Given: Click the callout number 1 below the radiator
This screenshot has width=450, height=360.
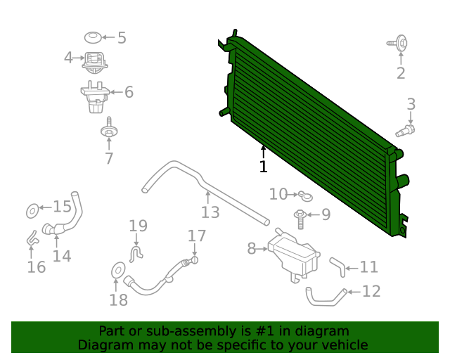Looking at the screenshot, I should coord(263,167).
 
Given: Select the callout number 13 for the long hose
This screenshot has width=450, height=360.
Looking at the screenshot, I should coord(210,212).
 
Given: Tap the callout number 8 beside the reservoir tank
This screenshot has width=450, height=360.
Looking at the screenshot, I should coord(252,248).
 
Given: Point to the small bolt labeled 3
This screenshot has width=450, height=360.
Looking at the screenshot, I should coord(406,130).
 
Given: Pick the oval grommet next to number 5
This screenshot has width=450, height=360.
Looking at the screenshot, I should coord(92,37).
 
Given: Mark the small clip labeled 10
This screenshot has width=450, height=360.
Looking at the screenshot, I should coord(301,194).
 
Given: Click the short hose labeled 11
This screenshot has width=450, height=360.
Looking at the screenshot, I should coord(337,266).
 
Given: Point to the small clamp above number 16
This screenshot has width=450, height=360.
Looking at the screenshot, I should coord(32,239).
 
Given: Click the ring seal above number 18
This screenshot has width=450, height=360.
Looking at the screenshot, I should coord(118,269).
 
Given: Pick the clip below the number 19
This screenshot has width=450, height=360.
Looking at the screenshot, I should coord(138,250).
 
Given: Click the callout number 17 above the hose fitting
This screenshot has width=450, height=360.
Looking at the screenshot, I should coord(197,236).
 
